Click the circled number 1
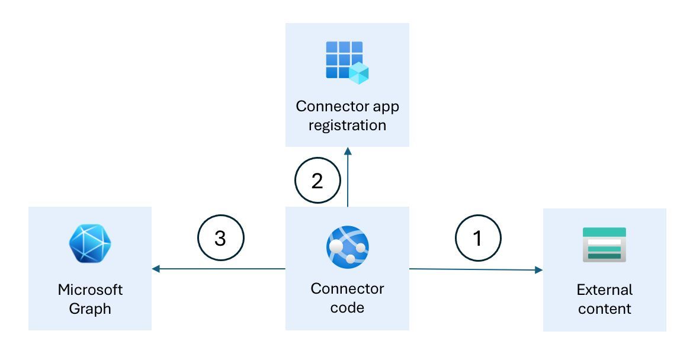(x=478, y=238)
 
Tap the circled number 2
(x=317, y=180)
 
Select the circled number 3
(x=220, y=238)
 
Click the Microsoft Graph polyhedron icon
(x=90, y=243)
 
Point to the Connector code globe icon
(x=347, y=247)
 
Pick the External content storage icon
(x=604, y=245)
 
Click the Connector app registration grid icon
(x=347, y=62)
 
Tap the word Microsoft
(x=90, y=290)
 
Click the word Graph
(x=90, y=308)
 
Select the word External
(x=605, y=290)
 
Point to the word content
(x=605, y=308)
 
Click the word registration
(x=347, y=126)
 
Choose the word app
(x=386, y=107)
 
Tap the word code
(x=347, y=308)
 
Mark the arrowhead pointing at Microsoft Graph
(x=156, y=269)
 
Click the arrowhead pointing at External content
(x=539, y=270)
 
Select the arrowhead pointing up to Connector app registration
(x=348, y=151)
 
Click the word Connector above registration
(x=332, y=107)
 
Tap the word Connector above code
(x=347, y=289)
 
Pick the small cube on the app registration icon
(x=359, y=73)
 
